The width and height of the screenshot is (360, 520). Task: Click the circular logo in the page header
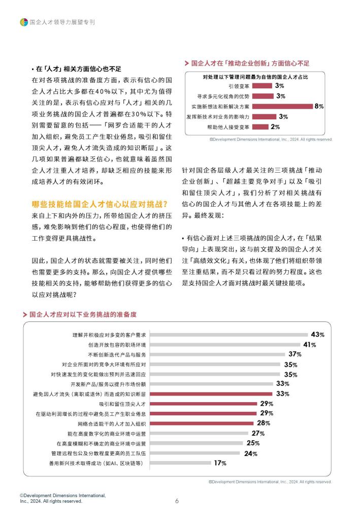23,22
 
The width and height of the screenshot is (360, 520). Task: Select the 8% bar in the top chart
282,107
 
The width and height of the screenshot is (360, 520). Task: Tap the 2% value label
275,126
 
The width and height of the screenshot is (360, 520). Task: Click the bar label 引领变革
239,86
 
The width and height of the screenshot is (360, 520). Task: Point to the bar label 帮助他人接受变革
228,127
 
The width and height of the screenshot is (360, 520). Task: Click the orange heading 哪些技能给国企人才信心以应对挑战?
100,204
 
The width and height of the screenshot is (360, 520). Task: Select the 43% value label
317,335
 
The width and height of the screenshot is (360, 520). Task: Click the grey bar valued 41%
225,345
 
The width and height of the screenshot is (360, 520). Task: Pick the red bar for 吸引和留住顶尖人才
204,404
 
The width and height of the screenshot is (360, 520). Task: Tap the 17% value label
220,463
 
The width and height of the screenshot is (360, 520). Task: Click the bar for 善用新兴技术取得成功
181,463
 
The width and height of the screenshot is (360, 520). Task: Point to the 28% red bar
202,424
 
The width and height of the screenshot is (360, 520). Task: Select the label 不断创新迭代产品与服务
117,354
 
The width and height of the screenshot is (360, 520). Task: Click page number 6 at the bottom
177,501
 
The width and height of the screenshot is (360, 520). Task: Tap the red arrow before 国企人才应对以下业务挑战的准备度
25,314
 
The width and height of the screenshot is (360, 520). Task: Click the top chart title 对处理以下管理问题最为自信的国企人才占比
255,77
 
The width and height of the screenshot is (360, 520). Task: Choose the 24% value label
251,453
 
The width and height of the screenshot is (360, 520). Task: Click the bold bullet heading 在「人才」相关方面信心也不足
78,69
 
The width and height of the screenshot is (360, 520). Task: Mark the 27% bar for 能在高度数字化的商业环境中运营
199,433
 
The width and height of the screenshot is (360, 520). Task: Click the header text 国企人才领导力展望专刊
62,22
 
